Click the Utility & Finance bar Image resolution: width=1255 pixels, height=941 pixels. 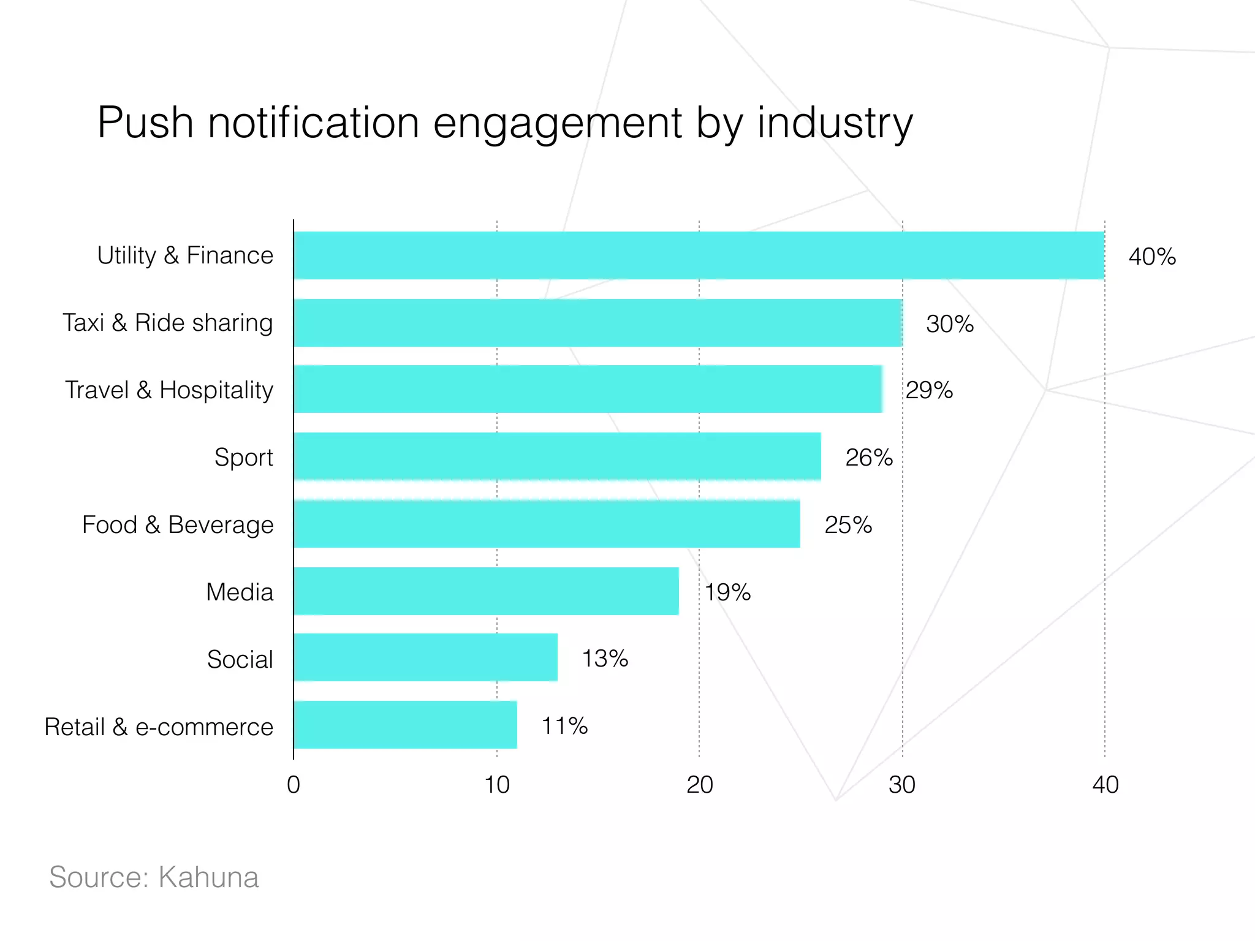[x=699, y=255]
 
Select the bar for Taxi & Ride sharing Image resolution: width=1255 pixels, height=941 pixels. [x=597, y=323]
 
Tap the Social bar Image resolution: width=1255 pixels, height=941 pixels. [x=425, y=657]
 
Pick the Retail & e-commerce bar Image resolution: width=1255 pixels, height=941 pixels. [x=405, y=725]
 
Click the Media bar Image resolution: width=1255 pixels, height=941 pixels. [x=486, y=591]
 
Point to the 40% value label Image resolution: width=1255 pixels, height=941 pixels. [x=1152, y=257]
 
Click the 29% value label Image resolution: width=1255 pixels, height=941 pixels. [x=929, y=390]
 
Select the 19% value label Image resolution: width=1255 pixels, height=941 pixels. [x=727, y=592]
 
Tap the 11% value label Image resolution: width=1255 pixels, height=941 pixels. [x=564, y=726]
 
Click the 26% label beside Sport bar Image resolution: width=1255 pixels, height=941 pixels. [x=868, y=458]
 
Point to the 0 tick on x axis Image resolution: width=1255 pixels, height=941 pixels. [x=294, y=785]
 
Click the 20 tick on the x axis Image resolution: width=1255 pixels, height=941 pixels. [x=699, y=785]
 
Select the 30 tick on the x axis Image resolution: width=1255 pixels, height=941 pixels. [x=902, y=785]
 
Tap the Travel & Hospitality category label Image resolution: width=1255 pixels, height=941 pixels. [x=169, y=390]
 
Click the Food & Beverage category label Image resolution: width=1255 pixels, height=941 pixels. [x=178, y=525]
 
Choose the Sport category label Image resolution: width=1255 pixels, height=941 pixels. [x=243, y=458]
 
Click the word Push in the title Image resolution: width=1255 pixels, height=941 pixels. [x=146, y=123]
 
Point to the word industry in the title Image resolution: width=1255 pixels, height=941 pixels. [x=835, y=123]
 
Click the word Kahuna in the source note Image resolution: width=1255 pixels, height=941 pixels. [x=208, y=877]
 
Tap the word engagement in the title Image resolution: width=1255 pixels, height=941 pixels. [x=558, y=123]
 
